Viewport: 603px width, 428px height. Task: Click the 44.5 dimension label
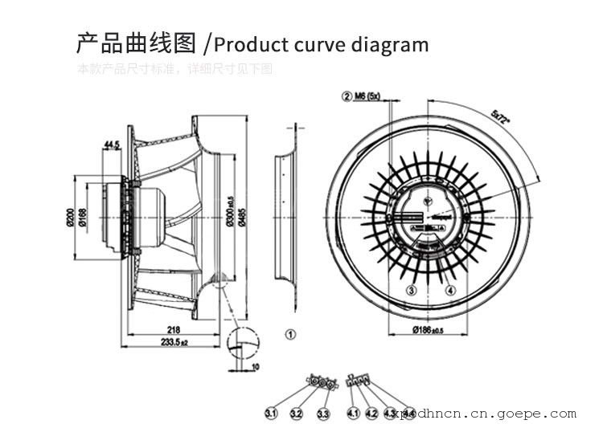pyautogui.click(x=112, y=145)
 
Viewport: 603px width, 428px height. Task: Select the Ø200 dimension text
pyautogui.click(x=72, y=218)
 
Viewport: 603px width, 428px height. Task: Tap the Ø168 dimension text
pyautogui.click(x=84, y=218)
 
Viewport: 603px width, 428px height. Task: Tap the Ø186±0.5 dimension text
pyautogui.click(x=428, y=330)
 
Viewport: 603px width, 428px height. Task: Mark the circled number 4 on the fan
pyautogui.click(x=450, y=290)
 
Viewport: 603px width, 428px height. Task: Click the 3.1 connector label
pyautogui.click(x=271, y=414)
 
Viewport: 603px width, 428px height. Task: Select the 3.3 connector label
pyautogui.click(x=323, y=414)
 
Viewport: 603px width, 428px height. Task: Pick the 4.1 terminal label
pyautogui.click(x=352, y=414)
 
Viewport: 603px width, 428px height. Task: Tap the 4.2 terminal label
pyautogui.click(x=371, y=414)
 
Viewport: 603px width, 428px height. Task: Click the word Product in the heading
pyautogui.click(x=254, y=44)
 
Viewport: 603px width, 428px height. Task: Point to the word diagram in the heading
pyautogui.click(x=390, y=44)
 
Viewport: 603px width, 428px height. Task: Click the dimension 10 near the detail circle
pyautogui.click(x=255, y=367)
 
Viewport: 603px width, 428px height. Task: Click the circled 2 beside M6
pyautogui.click(x=347, y=96)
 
